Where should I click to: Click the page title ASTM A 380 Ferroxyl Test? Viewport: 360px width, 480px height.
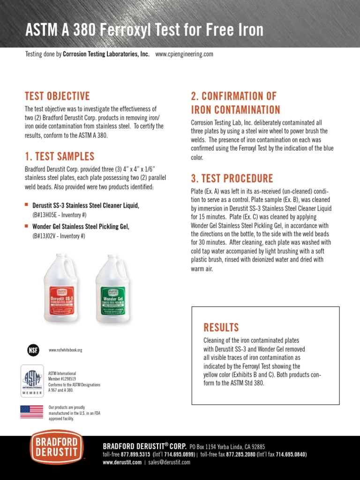[x=144, y=30]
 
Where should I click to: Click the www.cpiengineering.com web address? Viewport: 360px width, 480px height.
[x=184, y=54]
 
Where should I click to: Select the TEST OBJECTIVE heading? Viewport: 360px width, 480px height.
[x=57, y=97]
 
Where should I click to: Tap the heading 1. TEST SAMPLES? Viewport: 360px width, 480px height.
[x=60, y=157]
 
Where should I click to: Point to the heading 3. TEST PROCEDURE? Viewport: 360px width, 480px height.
[x=232, y=179]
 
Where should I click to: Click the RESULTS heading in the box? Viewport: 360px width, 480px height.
[x=221, y=327]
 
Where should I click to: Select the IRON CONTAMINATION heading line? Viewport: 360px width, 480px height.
[x=235, y=110]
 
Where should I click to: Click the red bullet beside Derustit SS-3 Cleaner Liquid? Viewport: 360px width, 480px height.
[x=27, y=205]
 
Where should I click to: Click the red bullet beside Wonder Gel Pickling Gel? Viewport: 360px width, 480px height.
[x=27, y=226]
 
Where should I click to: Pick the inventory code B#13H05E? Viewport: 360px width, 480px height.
[x=45, y=215]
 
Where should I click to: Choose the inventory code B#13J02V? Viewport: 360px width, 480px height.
[x=45, y=236]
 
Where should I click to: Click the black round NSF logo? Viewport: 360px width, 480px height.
[x=32, y=350]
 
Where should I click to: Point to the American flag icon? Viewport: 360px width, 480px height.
[x=31, y=412]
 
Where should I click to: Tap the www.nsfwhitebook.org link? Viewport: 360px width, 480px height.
[x=65, y=350]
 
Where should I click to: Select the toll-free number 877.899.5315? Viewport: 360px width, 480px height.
[x=135, y=455]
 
